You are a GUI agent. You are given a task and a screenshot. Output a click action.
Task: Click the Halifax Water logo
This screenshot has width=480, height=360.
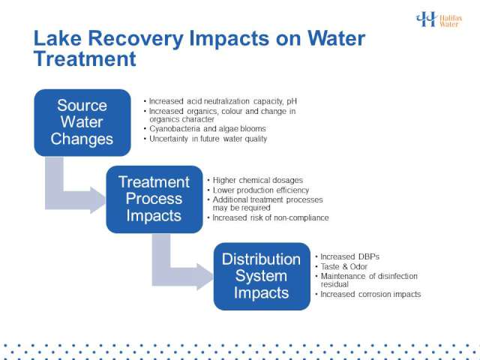click(x=439, y=19)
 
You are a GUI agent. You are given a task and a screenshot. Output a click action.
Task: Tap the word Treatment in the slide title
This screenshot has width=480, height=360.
click(x=85, y=58)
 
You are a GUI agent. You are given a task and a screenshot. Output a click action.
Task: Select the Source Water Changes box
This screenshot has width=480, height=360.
click(x=82, y=122)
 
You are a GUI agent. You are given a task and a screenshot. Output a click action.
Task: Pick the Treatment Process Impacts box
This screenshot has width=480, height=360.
click(x=154, y=199)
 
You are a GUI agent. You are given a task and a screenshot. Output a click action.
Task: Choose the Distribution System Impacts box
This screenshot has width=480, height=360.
click(x=262, y=276)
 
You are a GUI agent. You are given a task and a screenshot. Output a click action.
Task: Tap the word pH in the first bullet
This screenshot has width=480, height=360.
click(x=292, y=101)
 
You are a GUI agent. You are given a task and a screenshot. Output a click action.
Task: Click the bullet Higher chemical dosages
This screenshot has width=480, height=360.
click(x=255, y=180)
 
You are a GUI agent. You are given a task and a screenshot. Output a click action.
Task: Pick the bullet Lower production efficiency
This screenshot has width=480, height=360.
click(x=258, y=190)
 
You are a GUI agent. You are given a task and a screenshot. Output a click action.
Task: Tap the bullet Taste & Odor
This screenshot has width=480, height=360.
click(x=341, y=267)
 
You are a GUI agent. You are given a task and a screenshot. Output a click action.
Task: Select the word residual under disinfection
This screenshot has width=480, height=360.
click(x=334, y=284)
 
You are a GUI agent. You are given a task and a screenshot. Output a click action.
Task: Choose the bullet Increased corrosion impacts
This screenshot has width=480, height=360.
click(x=368, y=294)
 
